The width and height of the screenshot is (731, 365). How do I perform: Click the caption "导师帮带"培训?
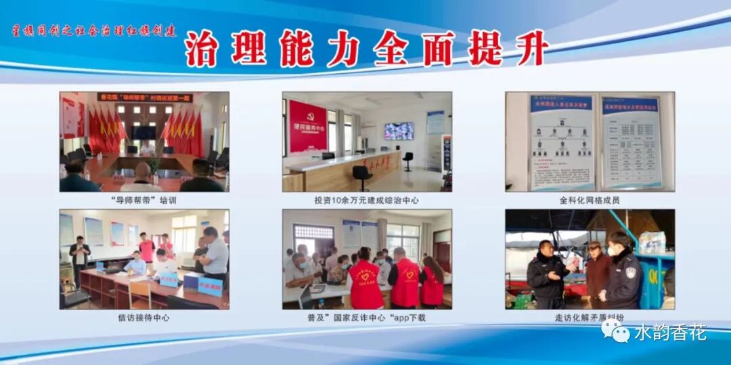(143, 200)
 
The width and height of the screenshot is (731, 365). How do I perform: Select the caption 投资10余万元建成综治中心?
(367, 200)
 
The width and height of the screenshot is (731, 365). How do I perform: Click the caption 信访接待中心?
(143, 317)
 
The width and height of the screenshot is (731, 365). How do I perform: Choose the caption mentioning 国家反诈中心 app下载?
(367, 317)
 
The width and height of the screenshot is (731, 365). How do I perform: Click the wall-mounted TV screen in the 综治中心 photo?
(399, 131)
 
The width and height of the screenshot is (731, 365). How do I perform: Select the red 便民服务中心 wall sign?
(308, 127)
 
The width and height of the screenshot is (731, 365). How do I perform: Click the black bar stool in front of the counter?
(362, 175)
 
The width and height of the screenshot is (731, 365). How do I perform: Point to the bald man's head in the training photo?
(143, 169)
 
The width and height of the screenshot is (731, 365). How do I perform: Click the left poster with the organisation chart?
(561, 142)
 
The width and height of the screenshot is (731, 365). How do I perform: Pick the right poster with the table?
(630, 142)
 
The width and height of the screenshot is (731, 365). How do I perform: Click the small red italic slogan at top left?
(95, 30)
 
